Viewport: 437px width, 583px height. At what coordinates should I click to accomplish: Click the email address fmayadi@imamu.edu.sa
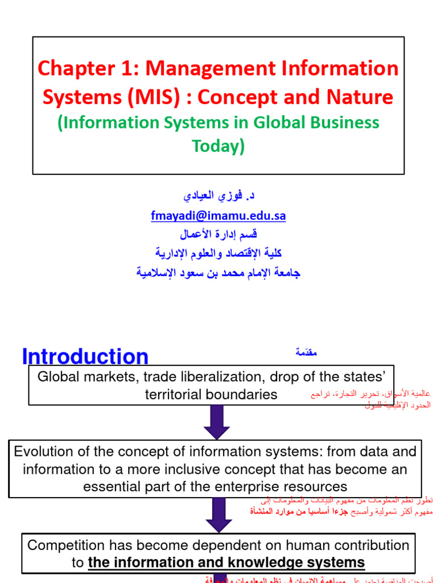click(218, 216)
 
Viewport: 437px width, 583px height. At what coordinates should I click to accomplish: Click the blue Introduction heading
click(85, 357)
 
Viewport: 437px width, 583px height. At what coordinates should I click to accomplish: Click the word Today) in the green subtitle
click(218, 146)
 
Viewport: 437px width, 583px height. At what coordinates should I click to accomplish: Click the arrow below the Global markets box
click(217, 422)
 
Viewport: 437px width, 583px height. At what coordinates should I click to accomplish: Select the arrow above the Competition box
click(218, 515)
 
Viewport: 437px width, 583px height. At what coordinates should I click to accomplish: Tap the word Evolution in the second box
click(44, 452)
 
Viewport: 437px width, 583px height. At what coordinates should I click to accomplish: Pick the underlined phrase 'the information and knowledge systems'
click(226, 563)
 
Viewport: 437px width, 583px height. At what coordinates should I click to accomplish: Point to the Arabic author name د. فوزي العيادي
click(218, 196)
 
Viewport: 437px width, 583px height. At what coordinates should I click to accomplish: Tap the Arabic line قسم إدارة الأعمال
click(218, 234)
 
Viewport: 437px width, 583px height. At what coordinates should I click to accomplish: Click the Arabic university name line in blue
click(218, 273)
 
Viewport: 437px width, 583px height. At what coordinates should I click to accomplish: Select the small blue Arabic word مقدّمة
click(306, 353)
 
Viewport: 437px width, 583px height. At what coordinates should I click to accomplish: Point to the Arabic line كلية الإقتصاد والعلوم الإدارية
click(218, 253)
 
